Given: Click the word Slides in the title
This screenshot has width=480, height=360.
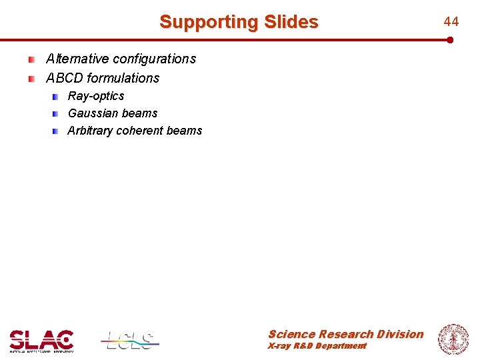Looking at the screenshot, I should point(291,22).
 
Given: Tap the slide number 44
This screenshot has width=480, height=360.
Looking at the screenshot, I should point(451,22).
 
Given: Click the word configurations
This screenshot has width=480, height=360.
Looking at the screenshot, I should point(155,59).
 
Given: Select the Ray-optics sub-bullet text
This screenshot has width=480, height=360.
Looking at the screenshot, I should point(96,96).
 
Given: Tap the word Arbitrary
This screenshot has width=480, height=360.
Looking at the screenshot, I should point(90,131).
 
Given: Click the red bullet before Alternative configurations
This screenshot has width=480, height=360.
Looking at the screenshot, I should point(31,59).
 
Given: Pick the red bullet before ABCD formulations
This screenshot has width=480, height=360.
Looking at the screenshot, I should point(31,79).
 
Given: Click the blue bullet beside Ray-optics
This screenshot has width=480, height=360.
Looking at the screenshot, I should point(56,97).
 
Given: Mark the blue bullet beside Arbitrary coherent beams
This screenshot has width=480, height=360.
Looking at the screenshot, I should point(56,131).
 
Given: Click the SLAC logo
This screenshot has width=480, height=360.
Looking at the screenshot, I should point(41,340).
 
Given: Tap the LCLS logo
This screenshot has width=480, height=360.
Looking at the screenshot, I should point(131,340).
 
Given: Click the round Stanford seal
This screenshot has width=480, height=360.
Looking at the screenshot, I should point(453,339).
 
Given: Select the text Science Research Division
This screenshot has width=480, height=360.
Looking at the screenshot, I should point(345,334).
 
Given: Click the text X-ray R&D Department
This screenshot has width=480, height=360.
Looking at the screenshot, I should point(317,346).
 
